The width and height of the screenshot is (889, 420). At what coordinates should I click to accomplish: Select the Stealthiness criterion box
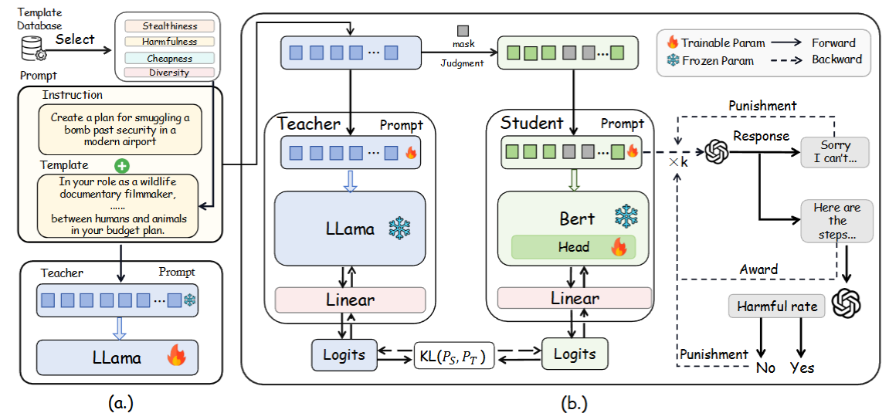pyautogui.click(x=169, y=27)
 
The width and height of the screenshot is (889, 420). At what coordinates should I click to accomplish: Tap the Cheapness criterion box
pyautogui.click(x=169, y=58)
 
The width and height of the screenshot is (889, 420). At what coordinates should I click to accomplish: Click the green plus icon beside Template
pyautogui.click(x=120, y=165)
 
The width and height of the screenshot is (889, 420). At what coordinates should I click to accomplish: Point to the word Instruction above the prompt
pyautogui.click(x=73, y=95)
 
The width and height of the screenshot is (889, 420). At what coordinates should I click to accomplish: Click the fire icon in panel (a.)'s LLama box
pyautogui.click(x=176, y=356)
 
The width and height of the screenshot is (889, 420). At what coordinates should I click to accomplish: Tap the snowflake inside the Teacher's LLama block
pyautogui.click(x=400, y=229)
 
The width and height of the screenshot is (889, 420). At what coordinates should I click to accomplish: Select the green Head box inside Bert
pyautogui.click(x=573, y=247)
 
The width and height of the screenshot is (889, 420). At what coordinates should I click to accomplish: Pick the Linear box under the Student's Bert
pyautogui.click(x=574, y=298)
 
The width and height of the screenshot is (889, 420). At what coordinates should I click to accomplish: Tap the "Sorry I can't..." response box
pyautogui.click(x=834, y=152)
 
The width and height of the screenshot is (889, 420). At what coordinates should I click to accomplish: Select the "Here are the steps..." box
pyautogui.click(x=836, y=221)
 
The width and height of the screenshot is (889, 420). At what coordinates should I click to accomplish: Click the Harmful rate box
pyautogui.click(x=776, y=307)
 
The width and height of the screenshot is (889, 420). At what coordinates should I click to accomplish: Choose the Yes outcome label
pyautogui.click(x=802, y=367)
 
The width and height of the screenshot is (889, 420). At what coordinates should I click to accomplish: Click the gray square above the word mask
pyautogui.click(x=463, y=31)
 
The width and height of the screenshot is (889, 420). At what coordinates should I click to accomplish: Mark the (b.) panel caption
pyautogui.click(x=572, y=402)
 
